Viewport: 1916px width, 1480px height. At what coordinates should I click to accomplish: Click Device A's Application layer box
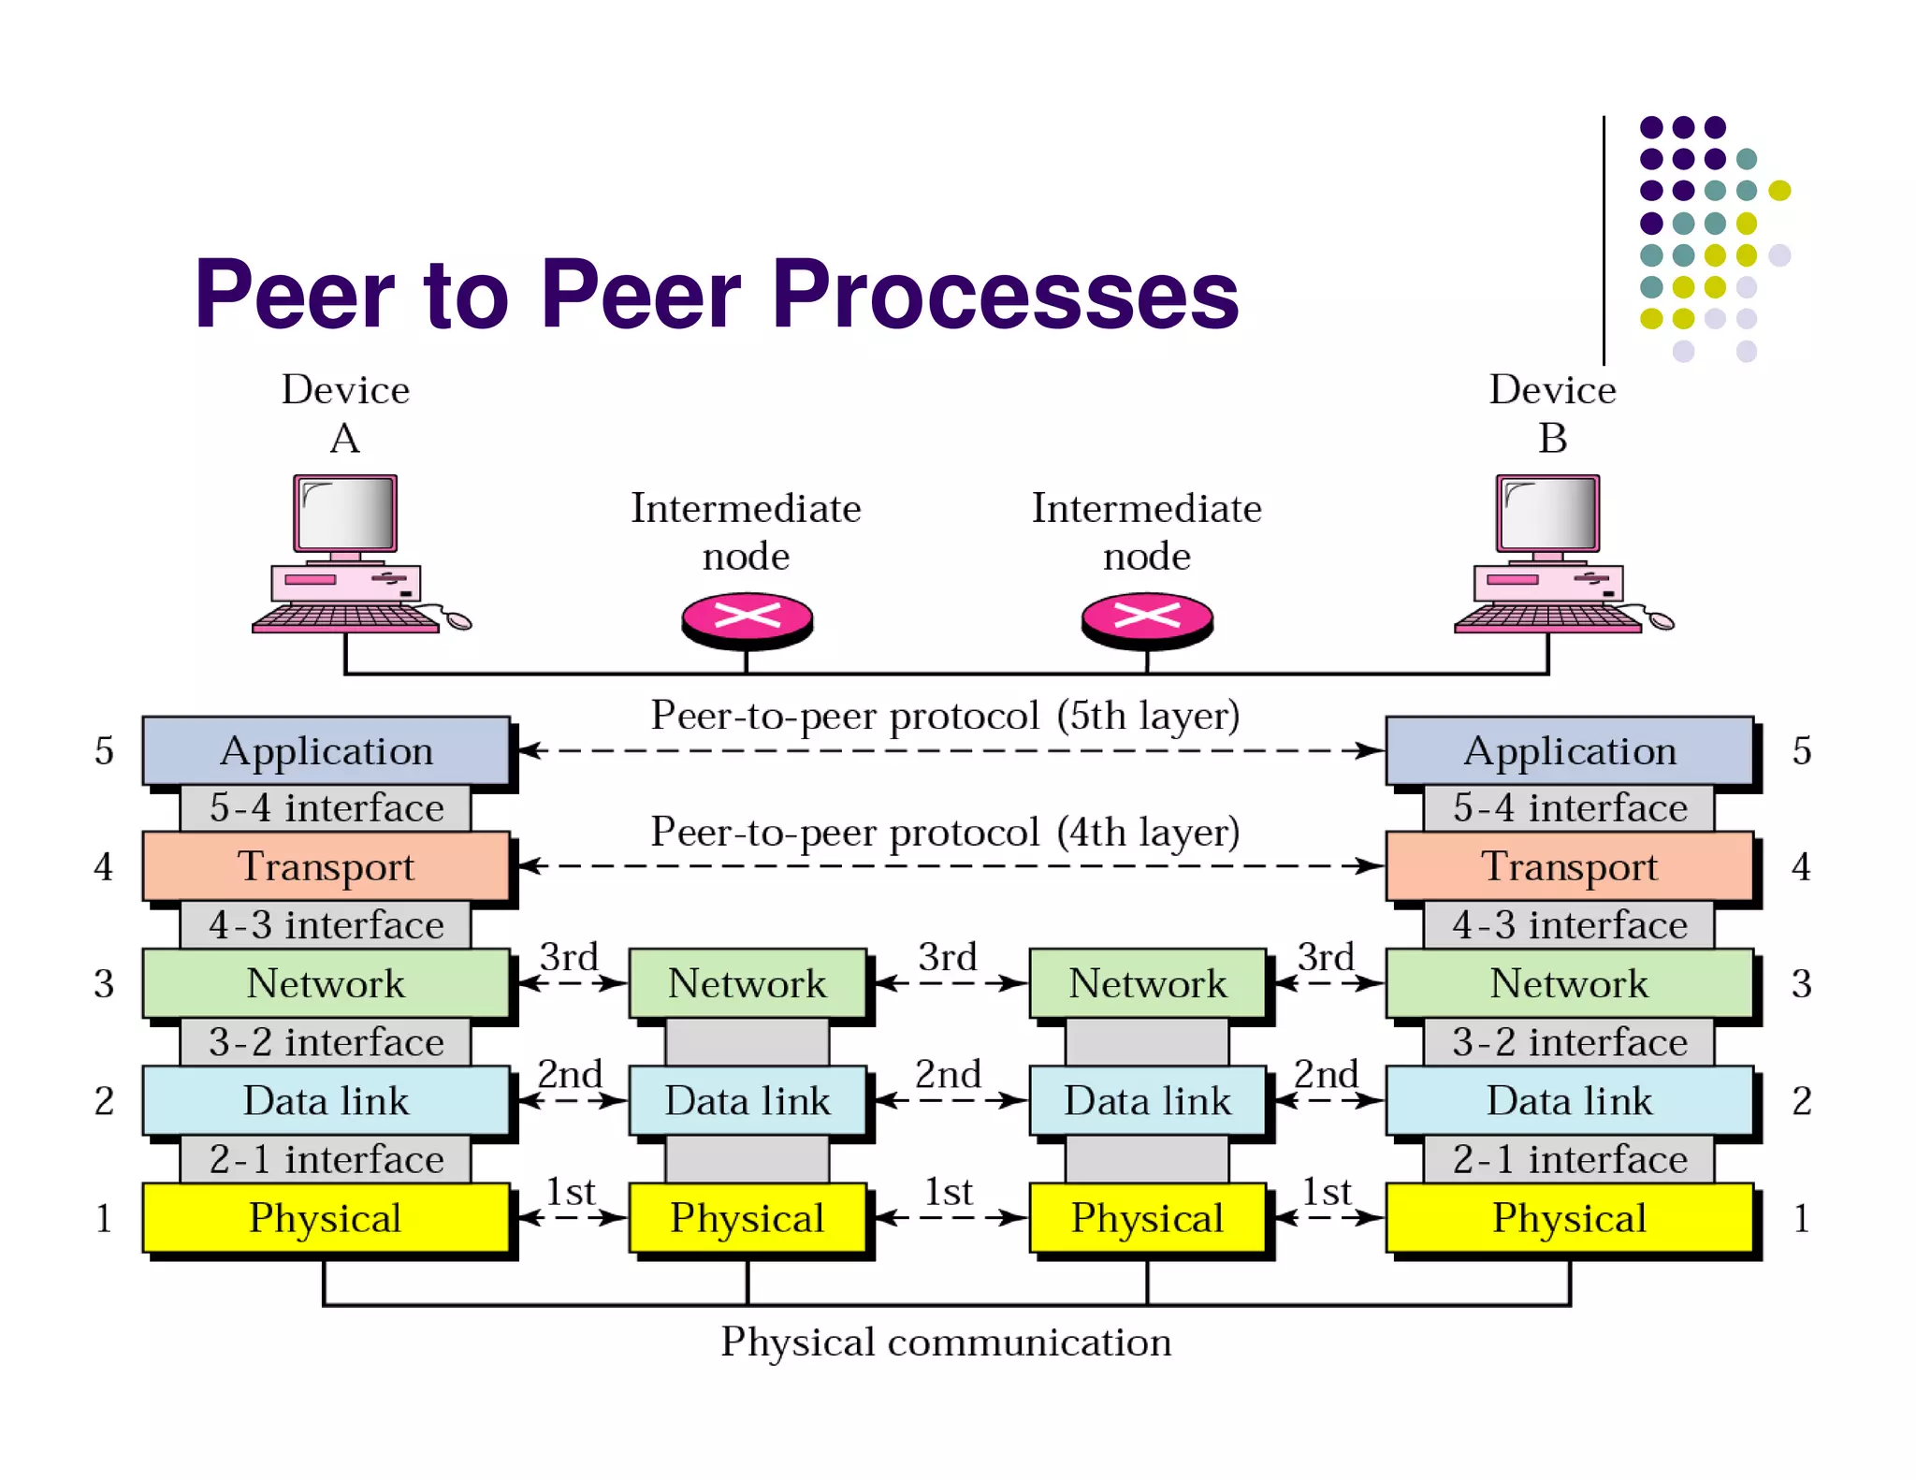pos(326,750)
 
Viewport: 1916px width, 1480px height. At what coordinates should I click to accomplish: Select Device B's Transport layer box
pos(1569,866)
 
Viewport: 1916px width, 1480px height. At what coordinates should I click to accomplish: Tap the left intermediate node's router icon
pos(747,618)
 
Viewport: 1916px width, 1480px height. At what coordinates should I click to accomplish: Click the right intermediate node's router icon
pos(1147,618)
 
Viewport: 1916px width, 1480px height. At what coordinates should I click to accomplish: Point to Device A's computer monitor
pos(345,514)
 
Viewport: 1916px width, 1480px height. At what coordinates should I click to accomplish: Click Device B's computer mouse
pos(1661,620)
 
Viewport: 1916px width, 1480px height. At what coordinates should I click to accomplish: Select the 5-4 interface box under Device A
pos(326,808)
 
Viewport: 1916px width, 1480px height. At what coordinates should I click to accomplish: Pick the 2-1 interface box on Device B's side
pos(1569,1159)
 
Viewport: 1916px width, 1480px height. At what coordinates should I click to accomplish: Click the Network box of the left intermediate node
pos(747,983)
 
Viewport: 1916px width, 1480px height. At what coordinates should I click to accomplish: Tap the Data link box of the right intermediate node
pos(1147,1100)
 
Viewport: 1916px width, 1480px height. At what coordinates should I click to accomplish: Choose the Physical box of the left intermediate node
pos(747,1217)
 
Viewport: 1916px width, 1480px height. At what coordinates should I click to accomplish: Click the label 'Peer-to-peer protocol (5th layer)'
pos(945,716)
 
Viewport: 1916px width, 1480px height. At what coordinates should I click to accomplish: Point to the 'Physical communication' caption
pos(945,1342)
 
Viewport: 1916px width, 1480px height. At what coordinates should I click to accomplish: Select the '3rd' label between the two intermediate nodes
pos(947,957)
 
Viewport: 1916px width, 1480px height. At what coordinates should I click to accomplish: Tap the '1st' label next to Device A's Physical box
pos(570,1192)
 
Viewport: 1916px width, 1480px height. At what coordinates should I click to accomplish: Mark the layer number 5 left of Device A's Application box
pos(104,751)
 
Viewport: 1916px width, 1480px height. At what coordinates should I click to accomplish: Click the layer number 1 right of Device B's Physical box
pos(1801,1218)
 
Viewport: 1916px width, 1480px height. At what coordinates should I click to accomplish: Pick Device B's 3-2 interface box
pos(1569,1042)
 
